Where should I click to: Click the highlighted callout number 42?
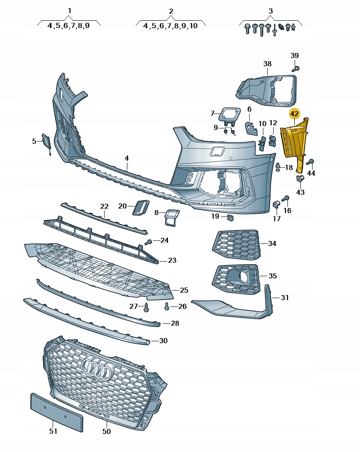pos(294,114)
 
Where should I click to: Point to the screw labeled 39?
pos(295,69)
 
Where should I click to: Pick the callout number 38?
pos(267,64)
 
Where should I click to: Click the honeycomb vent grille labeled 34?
pos(237,244)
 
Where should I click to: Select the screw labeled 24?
pos(148,242)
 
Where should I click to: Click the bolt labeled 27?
pos(146,307)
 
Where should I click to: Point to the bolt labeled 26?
pos(167,307)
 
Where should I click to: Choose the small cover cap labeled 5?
pos(47,143)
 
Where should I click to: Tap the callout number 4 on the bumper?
pos(126,158)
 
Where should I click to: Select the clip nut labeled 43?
pos(300,178)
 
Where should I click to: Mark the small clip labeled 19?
pos(230,218)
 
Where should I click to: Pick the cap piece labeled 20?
pos(141,207)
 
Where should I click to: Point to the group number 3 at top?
pos(270,11)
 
